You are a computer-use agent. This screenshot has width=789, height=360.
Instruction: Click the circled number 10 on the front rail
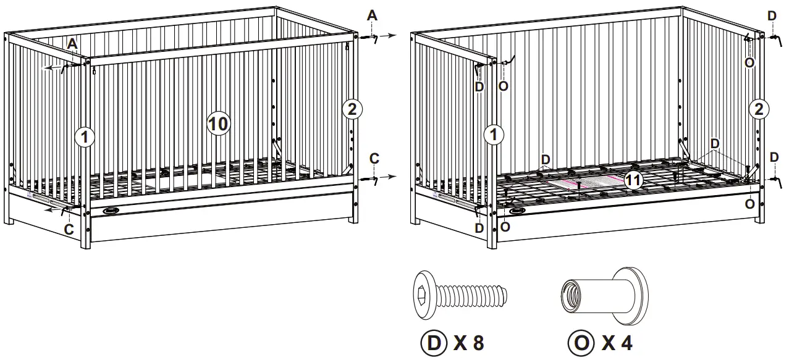[x=217, y=123]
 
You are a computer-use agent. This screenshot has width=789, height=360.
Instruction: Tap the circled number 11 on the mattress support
[x=632, y=180]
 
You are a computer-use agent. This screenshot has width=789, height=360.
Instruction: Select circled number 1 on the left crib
[x=85, y=137]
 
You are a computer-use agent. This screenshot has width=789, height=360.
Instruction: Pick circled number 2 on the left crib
[x=352, y=110]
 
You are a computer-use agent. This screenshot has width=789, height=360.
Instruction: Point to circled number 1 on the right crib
[x=492, y=135]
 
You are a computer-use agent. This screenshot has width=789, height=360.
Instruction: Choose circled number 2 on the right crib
[x=759, y=110]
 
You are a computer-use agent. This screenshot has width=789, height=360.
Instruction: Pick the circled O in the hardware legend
[x=580, y=343]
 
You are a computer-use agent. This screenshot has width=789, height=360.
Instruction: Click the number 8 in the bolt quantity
[x=478, y=343]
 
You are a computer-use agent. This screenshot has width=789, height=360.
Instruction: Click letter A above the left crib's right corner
[x=372, y=15]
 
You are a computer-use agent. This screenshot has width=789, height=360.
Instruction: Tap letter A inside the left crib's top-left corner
[x=72, y=43]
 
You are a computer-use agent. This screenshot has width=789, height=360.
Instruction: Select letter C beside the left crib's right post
[x=374, y=158]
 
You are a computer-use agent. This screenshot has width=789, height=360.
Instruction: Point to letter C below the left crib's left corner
[x=69, y=229]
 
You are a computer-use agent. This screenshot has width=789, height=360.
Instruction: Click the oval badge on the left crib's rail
[x=112, y=211]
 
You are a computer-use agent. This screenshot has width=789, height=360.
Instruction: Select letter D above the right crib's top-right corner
[x=772, y=15]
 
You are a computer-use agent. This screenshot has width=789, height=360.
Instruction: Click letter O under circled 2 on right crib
[x=750, y=203]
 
